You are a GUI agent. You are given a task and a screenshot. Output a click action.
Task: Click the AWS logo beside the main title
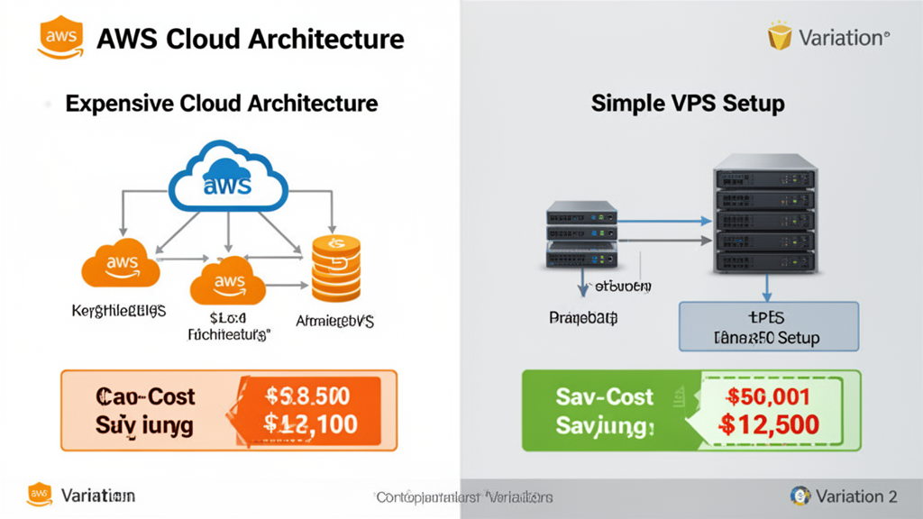pos(59,39)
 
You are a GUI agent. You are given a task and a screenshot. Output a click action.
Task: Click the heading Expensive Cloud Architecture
pos(221,103)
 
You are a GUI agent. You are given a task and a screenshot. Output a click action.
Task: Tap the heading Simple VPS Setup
pos(687,103)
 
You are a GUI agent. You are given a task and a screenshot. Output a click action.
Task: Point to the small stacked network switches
pos(582,235)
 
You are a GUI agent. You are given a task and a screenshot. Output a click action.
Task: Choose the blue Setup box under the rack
pos(767,326)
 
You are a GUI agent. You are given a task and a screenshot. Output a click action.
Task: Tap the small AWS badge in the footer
pos(40,495)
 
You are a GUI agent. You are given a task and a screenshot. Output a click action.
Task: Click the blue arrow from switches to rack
pos(663,220)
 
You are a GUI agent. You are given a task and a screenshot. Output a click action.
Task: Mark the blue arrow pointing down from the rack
pos(765,287)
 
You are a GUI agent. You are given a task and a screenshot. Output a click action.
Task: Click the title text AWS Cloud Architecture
pos(250,39)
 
